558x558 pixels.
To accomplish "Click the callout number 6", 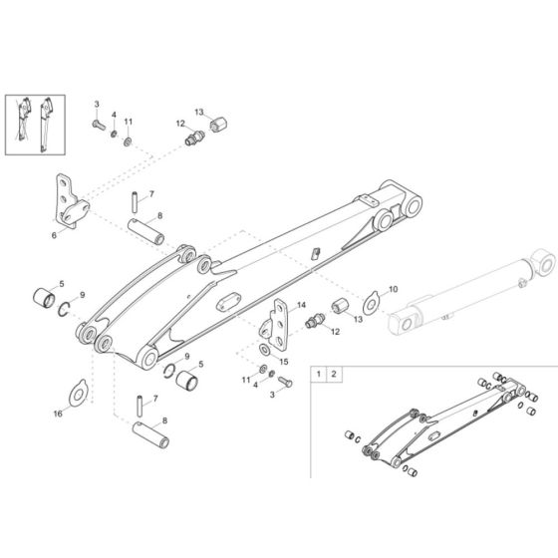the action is [x=54, y=235].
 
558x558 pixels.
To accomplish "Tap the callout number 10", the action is [x=393, y=289].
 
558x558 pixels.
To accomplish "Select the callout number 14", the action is [x=301, y=305].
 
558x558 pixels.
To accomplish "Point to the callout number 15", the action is [x=284, y=362].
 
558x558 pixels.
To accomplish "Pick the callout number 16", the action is [x=58, y=414].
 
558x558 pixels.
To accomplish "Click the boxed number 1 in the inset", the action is [x=319, y=374].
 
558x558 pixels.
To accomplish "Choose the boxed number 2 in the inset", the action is [x=334, y=374].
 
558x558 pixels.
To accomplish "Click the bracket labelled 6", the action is [x=72, y=201].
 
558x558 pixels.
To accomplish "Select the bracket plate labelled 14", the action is [x=274, y=325].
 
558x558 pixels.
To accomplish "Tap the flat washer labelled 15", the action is [x=264, y=350].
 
